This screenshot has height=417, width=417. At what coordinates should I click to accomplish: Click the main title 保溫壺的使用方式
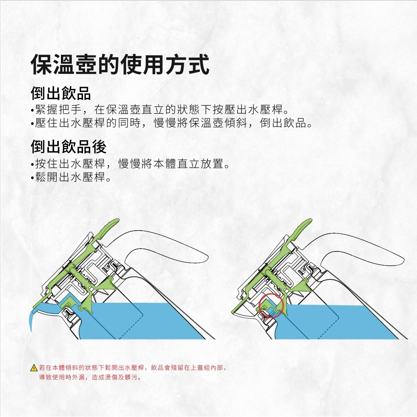[120, 64]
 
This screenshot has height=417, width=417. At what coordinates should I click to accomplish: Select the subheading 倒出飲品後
[69, 146]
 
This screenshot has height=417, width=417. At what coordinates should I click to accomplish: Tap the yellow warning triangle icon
[34, 368]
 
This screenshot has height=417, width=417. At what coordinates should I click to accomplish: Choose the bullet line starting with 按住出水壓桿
[130, 163]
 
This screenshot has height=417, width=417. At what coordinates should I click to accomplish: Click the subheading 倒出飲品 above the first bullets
[61, 93]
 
